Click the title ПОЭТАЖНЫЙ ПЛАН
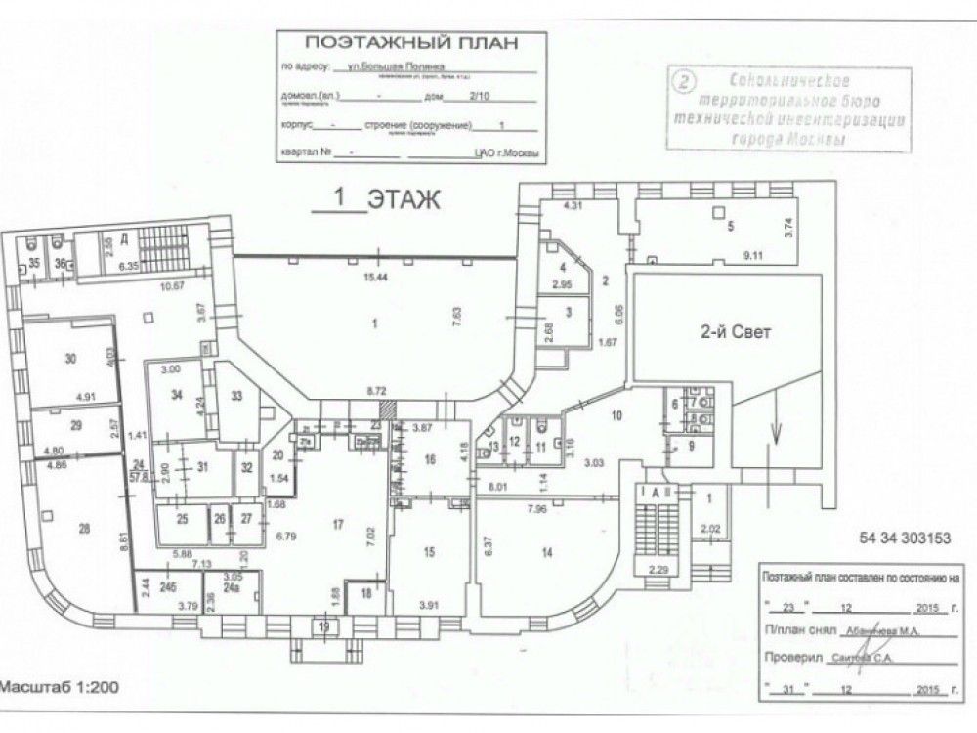pos(408,43)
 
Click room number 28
pos(84,529)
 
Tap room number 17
pos(338,526)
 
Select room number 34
pos(177,395)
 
